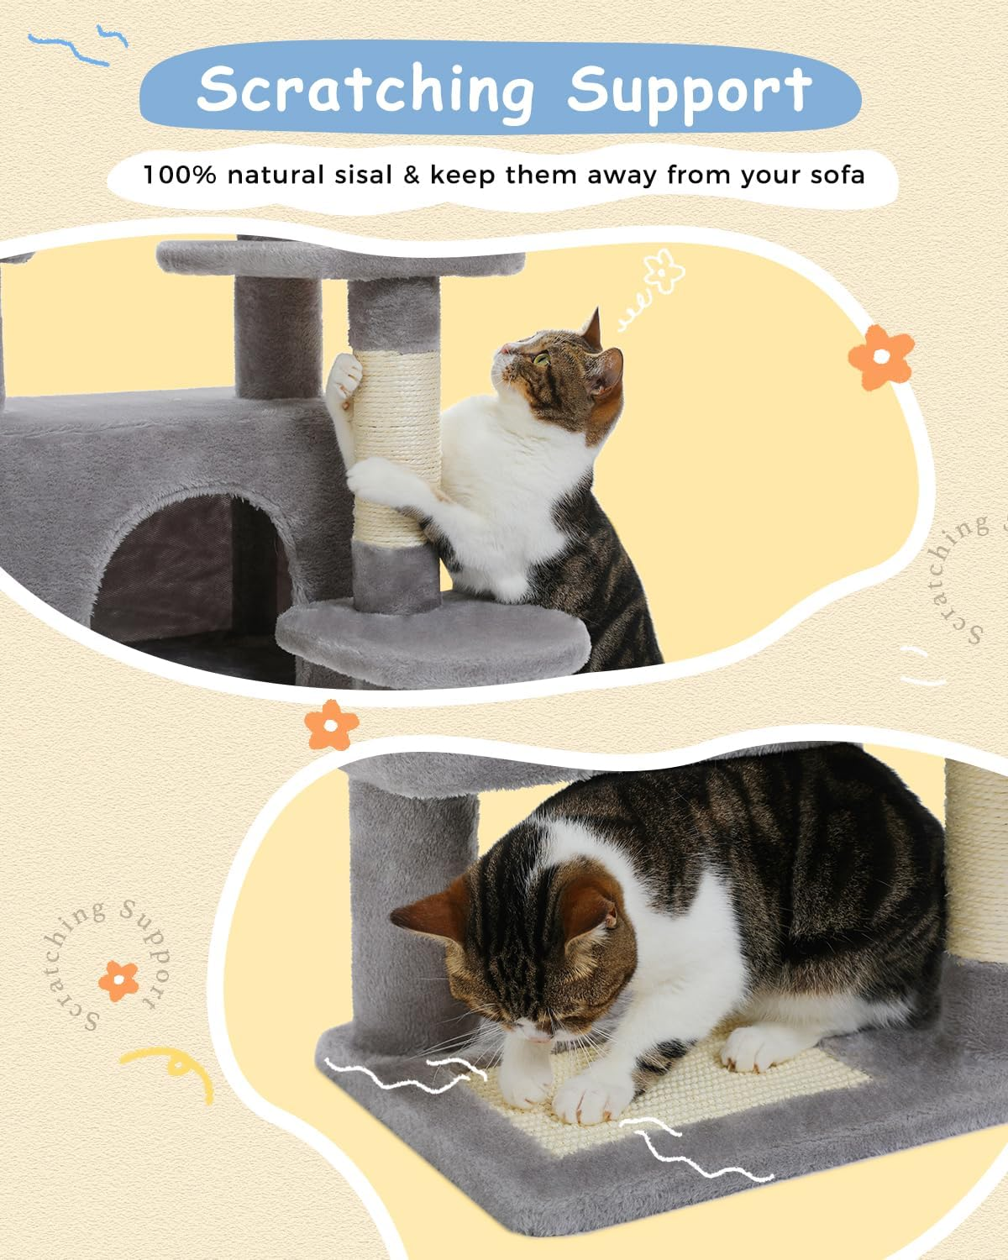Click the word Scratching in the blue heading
(x=365, y=90)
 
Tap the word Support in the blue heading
(x=689, y=90)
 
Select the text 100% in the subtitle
(x=180, y=176)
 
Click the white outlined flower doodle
(x=664, y=270)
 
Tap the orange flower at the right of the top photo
(x=879, y=357)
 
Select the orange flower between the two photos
(x=331, y=724)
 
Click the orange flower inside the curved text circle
(x=118, y=980)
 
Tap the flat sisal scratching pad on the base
(x=655, y=1092)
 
